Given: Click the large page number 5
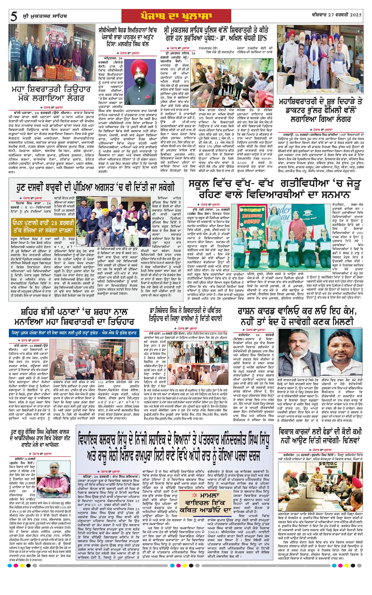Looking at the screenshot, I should (14, 16).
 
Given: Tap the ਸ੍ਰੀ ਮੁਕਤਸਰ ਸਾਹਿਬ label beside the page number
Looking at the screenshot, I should (41, 17).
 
